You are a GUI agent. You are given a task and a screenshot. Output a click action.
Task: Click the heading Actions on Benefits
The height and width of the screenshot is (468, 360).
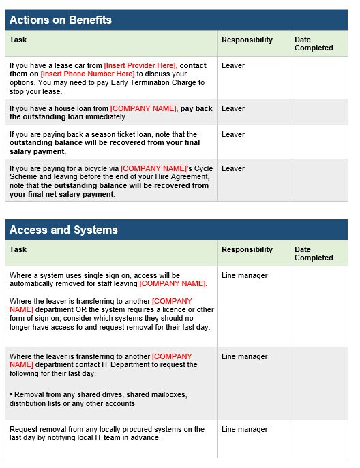61,20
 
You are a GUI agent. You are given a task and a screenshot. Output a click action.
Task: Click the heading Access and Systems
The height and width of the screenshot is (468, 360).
63,230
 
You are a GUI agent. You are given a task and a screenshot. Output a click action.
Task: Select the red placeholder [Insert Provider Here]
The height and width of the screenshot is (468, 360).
140,66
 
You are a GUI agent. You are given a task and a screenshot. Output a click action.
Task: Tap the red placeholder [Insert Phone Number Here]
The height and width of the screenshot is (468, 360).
87,74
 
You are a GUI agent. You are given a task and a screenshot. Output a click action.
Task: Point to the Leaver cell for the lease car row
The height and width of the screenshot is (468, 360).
233,66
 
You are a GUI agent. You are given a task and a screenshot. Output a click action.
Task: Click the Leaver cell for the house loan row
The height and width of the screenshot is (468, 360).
233,108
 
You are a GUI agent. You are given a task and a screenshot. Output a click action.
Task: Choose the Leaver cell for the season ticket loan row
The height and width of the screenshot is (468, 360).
233,134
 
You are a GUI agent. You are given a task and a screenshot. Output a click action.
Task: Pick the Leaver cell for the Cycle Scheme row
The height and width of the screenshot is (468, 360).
233,168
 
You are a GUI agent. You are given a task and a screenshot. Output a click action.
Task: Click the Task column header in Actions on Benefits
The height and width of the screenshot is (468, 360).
18,40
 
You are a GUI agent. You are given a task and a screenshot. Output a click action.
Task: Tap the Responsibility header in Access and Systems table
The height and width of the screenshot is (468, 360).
247,249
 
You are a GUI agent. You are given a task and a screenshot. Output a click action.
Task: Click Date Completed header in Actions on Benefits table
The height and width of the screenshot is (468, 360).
314,44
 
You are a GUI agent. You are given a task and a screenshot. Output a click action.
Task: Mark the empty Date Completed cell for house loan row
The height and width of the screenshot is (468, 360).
318,112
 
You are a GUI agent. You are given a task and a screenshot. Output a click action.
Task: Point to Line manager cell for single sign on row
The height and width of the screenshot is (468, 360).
244,276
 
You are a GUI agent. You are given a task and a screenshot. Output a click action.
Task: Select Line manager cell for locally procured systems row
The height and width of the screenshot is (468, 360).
244,430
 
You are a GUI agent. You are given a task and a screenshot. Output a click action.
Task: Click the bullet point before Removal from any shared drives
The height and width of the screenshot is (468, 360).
12,395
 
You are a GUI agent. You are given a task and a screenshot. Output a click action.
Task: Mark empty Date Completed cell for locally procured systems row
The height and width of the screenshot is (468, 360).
318,439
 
